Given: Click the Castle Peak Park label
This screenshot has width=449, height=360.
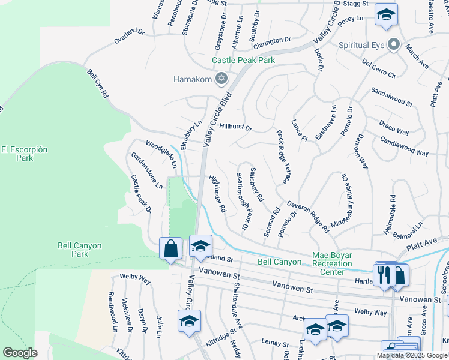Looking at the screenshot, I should coord(243,61).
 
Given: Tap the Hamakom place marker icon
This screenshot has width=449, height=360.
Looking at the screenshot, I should coord(221,79).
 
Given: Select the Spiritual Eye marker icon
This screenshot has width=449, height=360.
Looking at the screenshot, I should coord(394,45).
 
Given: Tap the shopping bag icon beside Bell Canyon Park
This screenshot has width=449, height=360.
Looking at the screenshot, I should coord(170,247).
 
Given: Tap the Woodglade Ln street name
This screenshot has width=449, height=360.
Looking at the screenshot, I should coord(161,153).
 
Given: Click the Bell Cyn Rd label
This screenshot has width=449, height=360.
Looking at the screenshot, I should coord(97,83).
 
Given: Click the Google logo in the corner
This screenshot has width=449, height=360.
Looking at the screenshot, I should coord(20,353).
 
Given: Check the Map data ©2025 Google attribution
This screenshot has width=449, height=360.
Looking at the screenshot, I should coord(412,355).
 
